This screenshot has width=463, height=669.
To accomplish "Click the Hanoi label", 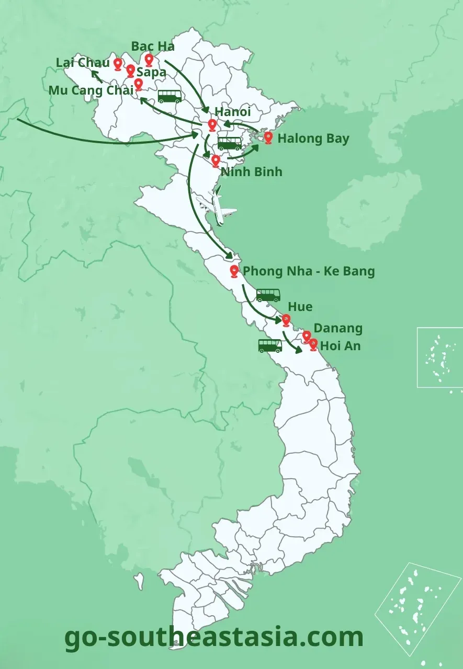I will click(232, 112).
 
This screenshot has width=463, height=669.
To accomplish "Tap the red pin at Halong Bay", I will click(268, 137).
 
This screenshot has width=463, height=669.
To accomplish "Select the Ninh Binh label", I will click(251, 172).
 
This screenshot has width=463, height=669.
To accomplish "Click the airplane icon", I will click(217, 207).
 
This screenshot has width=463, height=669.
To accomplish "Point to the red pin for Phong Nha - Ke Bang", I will click(234, 271).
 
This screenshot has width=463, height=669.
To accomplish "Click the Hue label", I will click(300, 307).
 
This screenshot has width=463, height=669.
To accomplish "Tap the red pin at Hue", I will click(286, 320).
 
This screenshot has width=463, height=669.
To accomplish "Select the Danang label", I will click(338, 329).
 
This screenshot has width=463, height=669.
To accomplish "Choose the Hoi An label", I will click(340, 346).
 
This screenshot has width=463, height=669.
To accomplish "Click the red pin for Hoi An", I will click(313, 344).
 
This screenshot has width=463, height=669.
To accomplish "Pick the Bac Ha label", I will click(153, 46).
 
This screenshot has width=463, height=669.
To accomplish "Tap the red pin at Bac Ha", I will click(149, 60).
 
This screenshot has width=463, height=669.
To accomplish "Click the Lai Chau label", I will click(83, 63).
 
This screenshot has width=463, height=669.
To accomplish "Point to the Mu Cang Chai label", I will click(91, 90).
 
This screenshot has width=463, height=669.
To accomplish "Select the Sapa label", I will click(151, 73).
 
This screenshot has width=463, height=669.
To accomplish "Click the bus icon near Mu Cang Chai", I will click(170, 96).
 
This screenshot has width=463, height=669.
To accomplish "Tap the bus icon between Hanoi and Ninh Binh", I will click(230, 143).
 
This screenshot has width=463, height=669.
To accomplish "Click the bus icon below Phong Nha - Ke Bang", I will click(268, 295).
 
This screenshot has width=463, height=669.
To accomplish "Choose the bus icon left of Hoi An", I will click(270, 345).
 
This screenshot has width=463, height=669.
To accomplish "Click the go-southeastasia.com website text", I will click(214, 637).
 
